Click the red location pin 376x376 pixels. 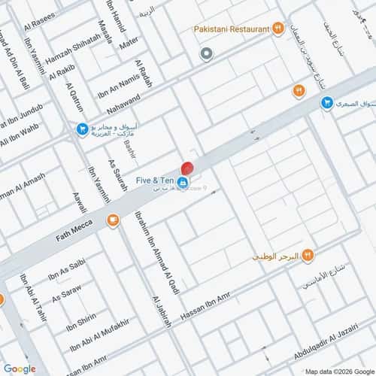click(x=187, y=169)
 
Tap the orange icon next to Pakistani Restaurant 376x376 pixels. click(x=278, y=29)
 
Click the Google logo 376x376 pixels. click(x=19, y=368)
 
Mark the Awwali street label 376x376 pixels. click(x=77, y=204)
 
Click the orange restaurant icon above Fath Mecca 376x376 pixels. click(x=113, y=220)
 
